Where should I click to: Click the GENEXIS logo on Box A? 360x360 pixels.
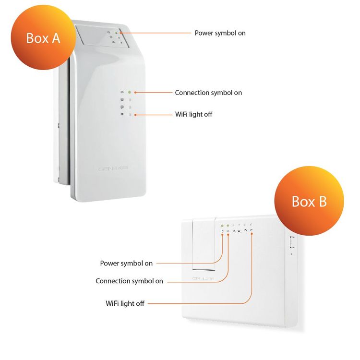click(112, 169)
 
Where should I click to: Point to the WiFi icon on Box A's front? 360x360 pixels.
click(122, 115)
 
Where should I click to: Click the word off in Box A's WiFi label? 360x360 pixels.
click(207, 114)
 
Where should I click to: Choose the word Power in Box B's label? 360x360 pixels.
click(110, 263)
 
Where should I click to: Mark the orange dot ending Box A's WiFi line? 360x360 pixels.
click(136, 115)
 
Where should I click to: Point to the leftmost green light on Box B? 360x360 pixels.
click(222, 225)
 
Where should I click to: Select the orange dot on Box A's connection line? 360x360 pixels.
click(136, 92)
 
